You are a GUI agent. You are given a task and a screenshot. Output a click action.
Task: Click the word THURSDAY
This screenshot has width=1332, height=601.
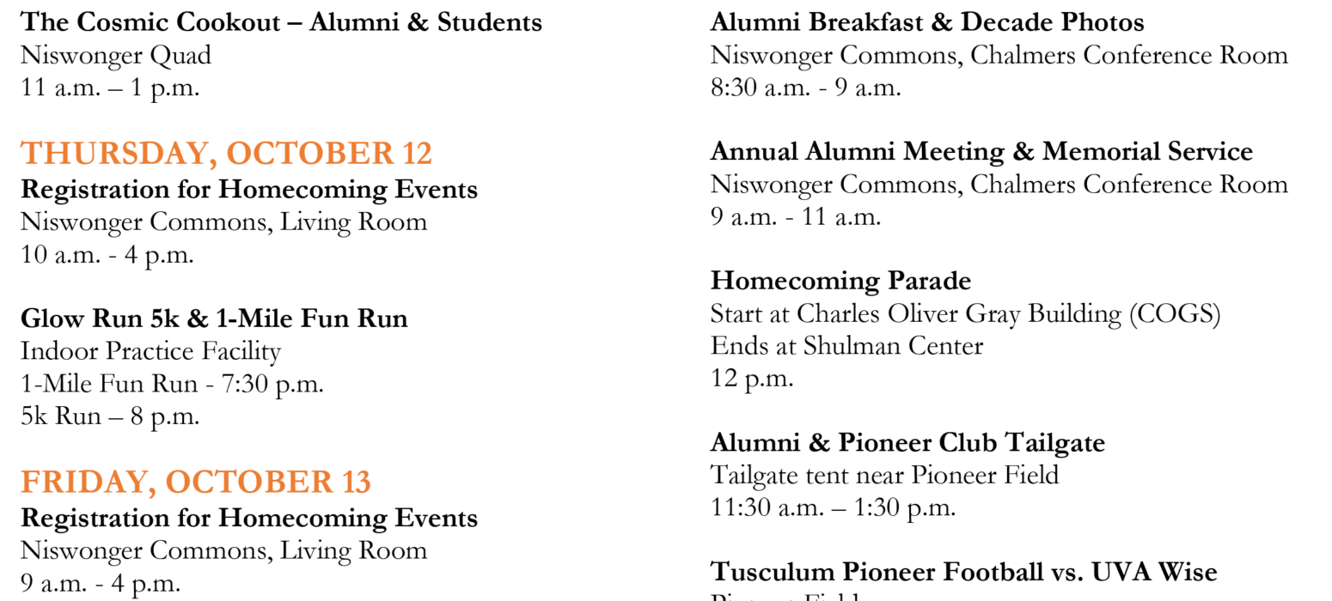[x=113, y=153]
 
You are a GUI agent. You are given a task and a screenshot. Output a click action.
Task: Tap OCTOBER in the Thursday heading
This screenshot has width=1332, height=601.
[x=309, y=153]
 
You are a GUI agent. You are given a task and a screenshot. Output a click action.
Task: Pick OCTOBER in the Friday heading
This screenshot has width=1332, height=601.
[x=248, y=482]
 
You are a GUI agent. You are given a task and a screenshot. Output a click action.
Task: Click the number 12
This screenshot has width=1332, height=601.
[x=417, y=153]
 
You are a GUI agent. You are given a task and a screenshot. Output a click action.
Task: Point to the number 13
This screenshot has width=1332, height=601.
[x=357, y=482]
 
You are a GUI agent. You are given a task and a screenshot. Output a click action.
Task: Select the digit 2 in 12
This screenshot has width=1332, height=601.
[x=423, y=153]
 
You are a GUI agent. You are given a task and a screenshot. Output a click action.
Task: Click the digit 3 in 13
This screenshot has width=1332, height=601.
[x=363, y=482]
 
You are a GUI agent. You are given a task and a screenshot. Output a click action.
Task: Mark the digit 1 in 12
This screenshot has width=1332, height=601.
[x=408, y=153]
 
